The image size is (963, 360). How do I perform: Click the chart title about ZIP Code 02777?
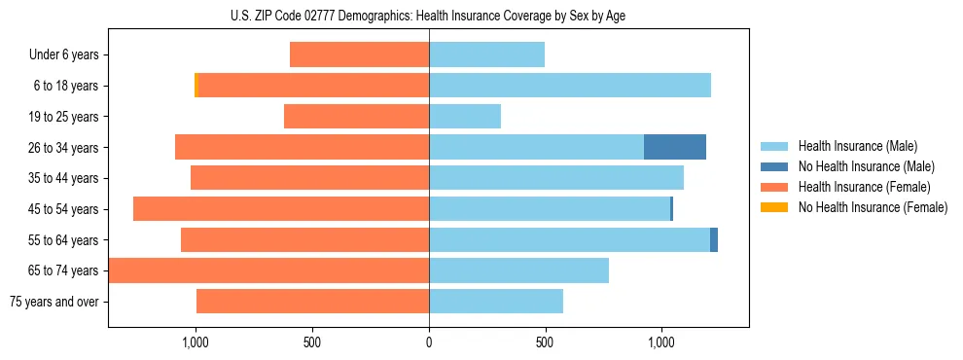click(428, 16)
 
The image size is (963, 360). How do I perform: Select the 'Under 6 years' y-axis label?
click(63, 55)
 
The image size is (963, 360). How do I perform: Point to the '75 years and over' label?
click(53, 302)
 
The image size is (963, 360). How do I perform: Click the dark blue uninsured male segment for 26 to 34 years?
click(675, 147)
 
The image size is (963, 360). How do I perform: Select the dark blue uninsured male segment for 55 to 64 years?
click(714, 239)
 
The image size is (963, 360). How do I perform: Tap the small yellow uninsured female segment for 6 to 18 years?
click(196, 86)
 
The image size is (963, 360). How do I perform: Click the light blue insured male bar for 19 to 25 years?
click(465, 117)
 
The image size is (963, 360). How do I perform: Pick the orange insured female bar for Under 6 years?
click(360, 55)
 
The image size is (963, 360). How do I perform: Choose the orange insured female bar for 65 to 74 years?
click(269, 270)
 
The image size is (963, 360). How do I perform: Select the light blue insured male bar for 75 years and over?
click(496, 302)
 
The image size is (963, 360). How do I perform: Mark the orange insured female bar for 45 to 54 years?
click(281, 209)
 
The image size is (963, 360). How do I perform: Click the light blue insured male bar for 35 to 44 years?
click(556, 178)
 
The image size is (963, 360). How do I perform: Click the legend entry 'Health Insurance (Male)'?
click(857, 146)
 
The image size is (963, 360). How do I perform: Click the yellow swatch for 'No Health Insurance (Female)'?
click(774, 207)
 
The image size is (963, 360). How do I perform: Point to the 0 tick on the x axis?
click(429, 342)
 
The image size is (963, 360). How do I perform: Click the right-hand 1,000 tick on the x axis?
click(661, 342)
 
